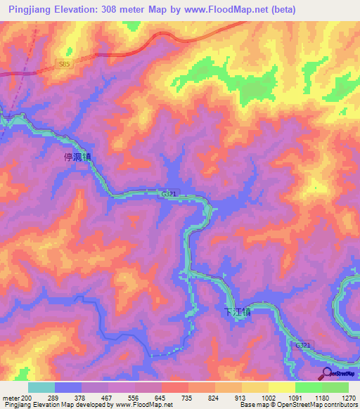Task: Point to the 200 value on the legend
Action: coord(26,398)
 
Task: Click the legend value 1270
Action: coord(348,398)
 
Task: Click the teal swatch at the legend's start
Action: coord(41,387)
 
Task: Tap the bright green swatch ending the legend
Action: coord(335,387)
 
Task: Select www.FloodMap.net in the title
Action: coord(226,9)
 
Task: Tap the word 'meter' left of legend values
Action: coord(11,398)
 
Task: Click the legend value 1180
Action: coord(322,398)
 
